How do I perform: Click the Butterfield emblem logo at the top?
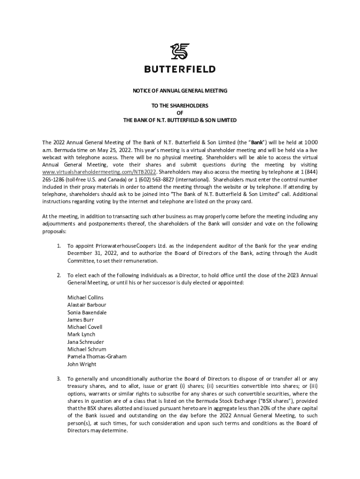tap(180, 51)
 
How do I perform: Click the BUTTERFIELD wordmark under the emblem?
tap(180, 69)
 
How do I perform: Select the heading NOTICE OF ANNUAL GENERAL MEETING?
tap(180, 91)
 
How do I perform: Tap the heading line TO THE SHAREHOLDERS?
tap(180, 105)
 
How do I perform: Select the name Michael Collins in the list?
tap(86, 297)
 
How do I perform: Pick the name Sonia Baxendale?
tap(87, 312)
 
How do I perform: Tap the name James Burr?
tap(81, 319)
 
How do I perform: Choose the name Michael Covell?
tap(85, 327)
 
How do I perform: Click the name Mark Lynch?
tap(81, 334)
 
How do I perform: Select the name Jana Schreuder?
tap(86, 342)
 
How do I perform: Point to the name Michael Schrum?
tap(87, 349)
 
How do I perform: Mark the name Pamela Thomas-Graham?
tap(97, 357)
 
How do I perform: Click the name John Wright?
tap(82, 364)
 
